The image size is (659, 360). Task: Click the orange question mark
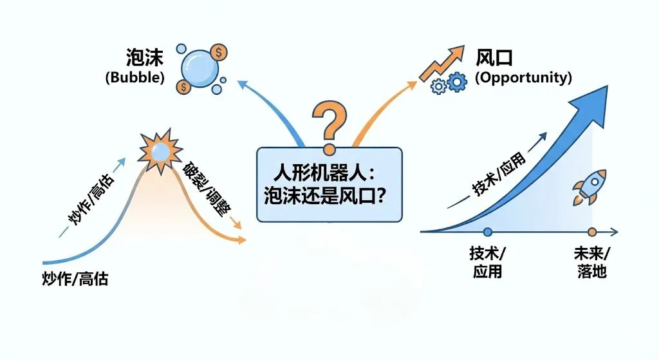[x=329, y=122]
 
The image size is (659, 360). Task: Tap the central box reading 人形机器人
[x=329, y=184]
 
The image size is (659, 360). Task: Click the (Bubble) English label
[x=135, y=78]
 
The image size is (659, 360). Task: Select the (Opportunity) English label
[x=523, y=78]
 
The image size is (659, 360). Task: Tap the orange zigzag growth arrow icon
[x=442, y=62]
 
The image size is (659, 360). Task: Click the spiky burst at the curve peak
[x=158, y=151]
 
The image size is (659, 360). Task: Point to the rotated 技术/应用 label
[x=499, y=174]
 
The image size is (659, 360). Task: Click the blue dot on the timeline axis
[x=487, y=231]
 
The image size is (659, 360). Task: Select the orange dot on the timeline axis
[x=591, y=231]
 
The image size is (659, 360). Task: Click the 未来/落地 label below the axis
[x=591, y=263]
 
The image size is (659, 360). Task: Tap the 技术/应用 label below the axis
[x=487, y=263]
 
